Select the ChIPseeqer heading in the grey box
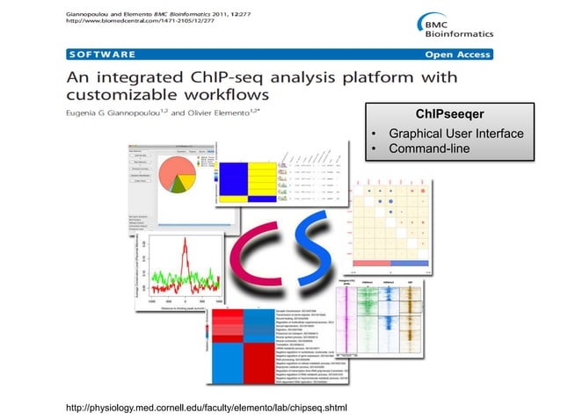pyautogui.click(x=450, y=115)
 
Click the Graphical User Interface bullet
pyautogui.click(x=456, y=134)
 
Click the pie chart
pyautogui.click(x=180, y=174)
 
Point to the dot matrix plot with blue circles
pyautogui.click(x=388, y=224)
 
